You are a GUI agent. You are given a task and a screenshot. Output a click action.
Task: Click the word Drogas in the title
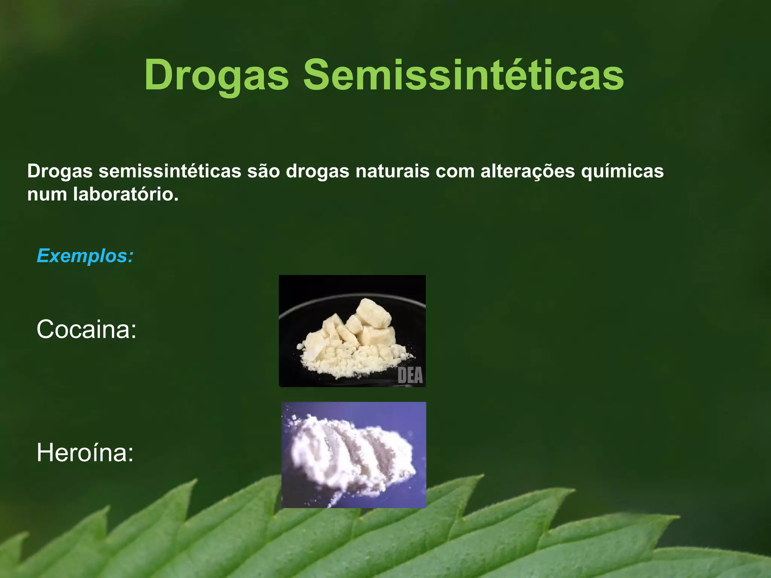pos(216,75)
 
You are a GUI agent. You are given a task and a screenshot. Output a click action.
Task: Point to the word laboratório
pos(126,195)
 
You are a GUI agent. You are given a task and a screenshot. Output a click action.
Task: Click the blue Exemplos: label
pos(85,256)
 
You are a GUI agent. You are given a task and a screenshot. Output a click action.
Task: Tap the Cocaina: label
pos(86,329)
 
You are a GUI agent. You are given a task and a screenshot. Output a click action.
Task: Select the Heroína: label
pos(85,453)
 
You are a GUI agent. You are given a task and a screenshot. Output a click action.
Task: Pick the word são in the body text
pos(264,171)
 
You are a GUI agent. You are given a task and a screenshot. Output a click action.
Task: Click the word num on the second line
pos(47,195)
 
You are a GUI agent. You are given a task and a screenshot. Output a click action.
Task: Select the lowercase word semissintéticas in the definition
pos(170,171)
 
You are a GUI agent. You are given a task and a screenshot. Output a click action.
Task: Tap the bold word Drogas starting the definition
pos(60,171)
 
